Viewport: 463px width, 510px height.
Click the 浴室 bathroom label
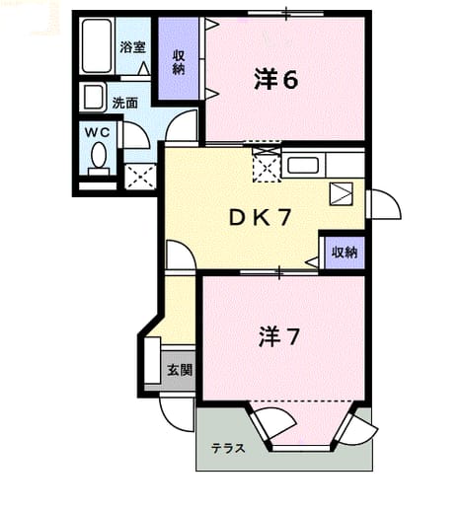pyautogui.click(x=132, y=47)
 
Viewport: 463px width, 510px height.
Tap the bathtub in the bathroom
pyautogui.click(x=97, y=46)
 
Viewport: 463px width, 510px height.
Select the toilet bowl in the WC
pyautogui.click(x=99, y=156)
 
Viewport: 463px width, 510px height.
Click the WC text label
pyautogui.click(x=98, y=133)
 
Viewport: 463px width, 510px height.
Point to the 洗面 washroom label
pyautogui.click(x=124, y=104)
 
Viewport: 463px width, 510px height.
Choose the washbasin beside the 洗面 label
pyautogui.click(x=93, y=97)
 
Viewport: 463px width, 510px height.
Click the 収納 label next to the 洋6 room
pyautogui.click(x=179, y=62)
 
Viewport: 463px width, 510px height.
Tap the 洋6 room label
pyautogui.click(x=276, y=80)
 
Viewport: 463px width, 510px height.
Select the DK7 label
pyautogui.click(x=260, y=218)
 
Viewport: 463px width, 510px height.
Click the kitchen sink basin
pyautogui.click(x=303, y=166)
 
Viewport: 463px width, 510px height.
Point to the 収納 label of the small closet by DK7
pyautogui.click(x=345, y=253)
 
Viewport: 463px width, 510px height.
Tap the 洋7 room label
pyautogui.click(x=279, y=337)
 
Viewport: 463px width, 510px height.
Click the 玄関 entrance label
pyautogui.click(x=180, y=370)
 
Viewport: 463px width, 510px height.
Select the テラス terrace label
pyautogui.click(x=228, y=448)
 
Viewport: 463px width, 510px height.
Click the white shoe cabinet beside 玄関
pyautogui.click(x=152, y=360)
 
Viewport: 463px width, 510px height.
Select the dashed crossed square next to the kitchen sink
pyautogui.click(x=267, y=164)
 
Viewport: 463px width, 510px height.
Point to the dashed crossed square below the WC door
pyautogui.click(x=140, y=177)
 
